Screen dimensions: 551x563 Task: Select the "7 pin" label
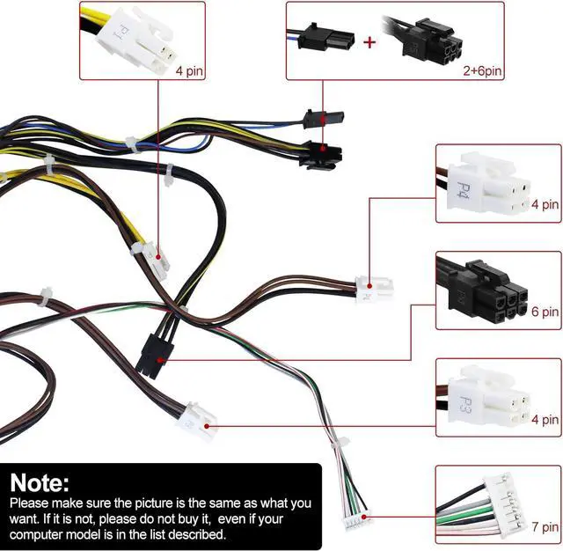[545, 527]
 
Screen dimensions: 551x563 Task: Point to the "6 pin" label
[545, 312]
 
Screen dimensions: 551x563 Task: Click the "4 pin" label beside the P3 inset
[545, 420]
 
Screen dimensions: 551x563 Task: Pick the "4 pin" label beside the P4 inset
[545, 205]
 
